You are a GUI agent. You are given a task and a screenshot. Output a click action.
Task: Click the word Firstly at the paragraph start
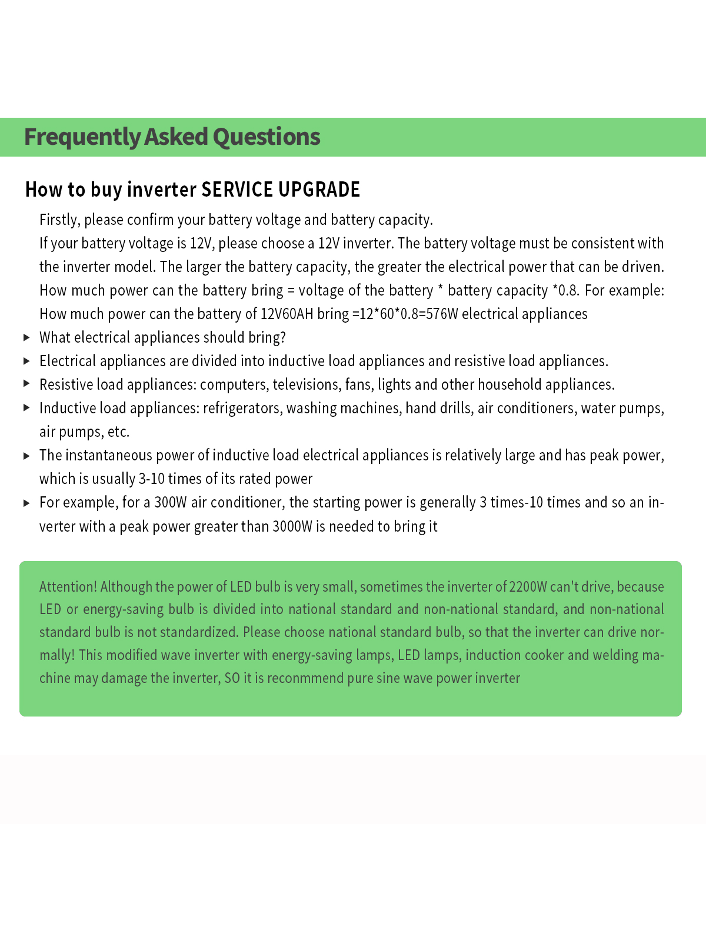(x=59, y=220)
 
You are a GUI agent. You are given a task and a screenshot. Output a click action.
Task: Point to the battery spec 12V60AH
(x=287, y=314)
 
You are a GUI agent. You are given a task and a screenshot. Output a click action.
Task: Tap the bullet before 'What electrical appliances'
(x=26, y=337)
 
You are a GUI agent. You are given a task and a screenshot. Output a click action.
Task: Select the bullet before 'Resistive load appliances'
(x=26, y=383)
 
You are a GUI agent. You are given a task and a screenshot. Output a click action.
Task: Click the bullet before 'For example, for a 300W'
(x=26, y=503)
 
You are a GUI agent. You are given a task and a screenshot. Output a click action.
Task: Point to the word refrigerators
(x=242, y=408)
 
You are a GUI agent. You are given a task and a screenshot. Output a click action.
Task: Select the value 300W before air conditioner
(x=170, y=502)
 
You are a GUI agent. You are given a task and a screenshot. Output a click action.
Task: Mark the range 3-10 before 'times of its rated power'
(x=152, y=479)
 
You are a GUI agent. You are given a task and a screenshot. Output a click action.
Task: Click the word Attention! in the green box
(x=68, y=586)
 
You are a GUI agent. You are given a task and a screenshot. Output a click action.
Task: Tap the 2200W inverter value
(x=528, y=586)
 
